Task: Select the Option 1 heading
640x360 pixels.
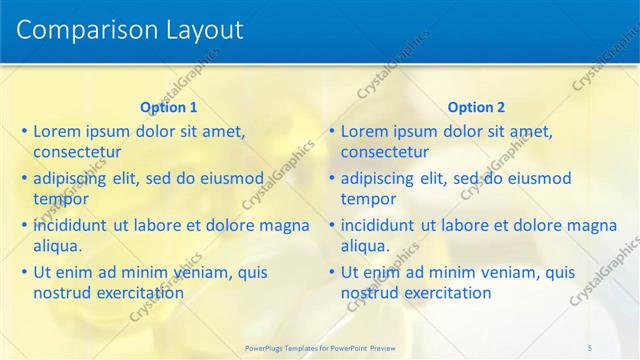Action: point(169,107)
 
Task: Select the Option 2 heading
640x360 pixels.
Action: point(476,107)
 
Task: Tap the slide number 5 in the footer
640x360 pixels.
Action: point(590,347)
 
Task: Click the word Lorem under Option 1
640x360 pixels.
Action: point(57,131)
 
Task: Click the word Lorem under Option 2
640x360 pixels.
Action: point(365,131)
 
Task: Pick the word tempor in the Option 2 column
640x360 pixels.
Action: point(369,199)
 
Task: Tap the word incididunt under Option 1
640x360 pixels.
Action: point(71,225)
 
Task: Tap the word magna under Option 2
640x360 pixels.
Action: point(593,225)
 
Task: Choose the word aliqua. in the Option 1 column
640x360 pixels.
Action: point(58,246)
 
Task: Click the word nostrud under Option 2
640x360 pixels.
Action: point(370,293)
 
